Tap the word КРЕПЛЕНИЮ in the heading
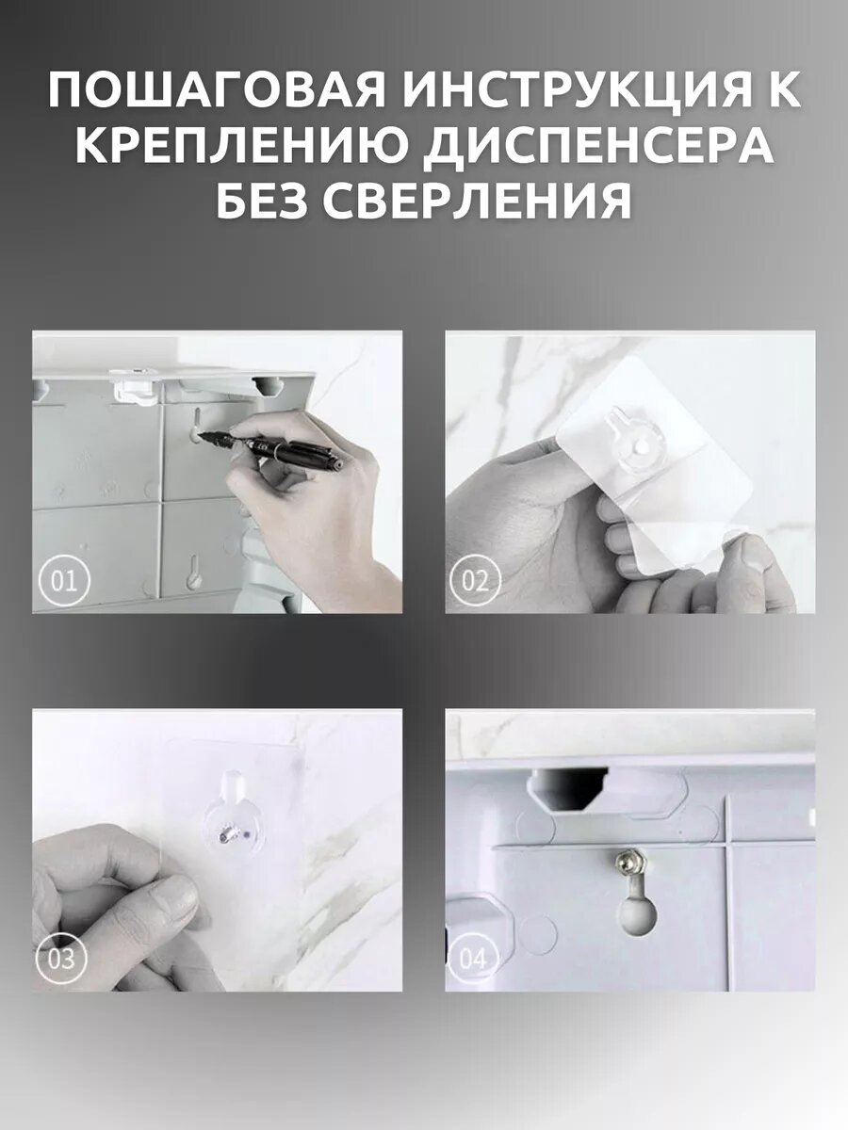[246, 146]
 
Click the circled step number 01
[64, 581]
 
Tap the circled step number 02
[475, 581]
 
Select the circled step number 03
[60, 959]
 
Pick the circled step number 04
[473, 959]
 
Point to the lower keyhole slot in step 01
[193, 572]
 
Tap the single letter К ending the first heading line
[782, 91]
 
